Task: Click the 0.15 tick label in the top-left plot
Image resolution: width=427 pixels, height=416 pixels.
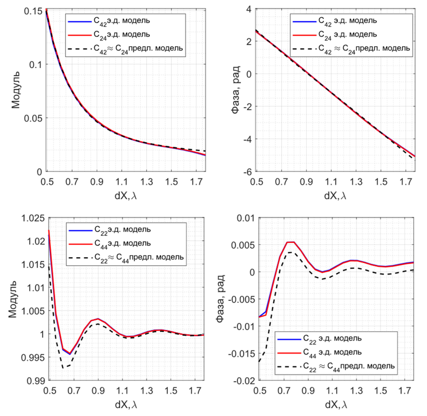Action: coord(33,11)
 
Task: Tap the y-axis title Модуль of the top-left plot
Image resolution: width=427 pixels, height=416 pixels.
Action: coord(16,90)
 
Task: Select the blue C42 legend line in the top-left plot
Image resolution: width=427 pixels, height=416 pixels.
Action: coord(80,22)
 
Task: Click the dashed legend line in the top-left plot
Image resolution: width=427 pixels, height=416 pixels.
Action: coord(80,49)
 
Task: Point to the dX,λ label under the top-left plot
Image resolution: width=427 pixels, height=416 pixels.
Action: coord(126,196)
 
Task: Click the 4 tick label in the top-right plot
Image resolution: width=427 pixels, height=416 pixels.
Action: coord(249,9)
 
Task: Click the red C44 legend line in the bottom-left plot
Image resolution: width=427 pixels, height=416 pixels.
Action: coord(80,244)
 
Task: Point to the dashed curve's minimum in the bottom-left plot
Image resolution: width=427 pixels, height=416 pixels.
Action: coord(63,368)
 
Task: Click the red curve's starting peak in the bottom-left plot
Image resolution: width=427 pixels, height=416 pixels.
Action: coord(49,230)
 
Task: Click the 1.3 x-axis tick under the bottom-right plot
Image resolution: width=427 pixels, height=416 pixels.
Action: coord(356,391)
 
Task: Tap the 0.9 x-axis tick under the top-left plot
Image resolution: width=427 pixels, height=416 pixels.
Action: coord(97,182)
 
